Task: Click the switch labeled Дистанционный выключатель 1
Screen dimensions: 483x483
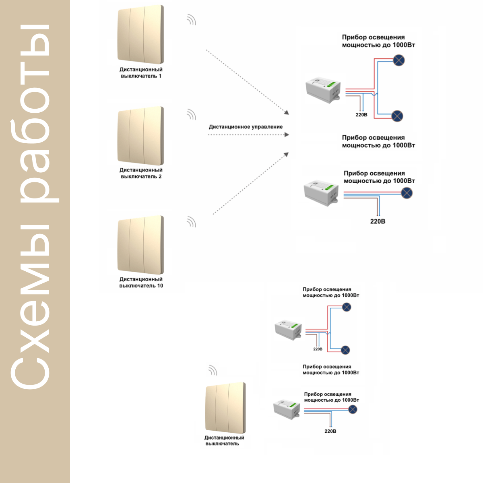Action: pyautogui.click(x=140, y=34)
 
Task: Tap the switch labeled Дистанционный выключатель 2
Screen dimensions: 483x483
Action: pyautogui.click(x=140, y=136)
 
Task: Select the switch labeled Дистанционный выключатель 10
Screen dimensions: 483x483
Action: pyautogui.click(x=140, y=245)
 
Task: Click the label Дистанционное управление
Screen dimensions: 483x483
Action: pyautogui.click(x=246, y=127)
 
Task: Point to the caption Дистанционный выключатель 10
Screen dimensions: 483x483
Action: pyautogui.click(x=141, y=282)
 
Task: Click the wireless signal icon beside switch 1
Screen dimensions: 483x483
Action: pyautogui.click(x=192, y=20)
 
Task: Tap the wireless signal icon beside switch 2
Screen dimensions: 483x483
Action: pyautogui.click(x=192, y=114)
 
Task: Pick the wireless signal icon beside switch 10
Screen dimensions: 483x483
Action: pyautogui.click(x=192, y=222)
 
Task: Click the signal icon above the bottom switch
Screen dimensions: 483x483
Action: pyautogui.click(x=213, y=370)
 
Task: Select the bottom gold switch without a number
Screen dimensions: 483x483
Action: pyautogui.click(x=225, y=408)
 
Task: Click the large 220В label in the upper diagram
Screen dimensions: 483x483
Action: pyautogui.click(x=378, y=221)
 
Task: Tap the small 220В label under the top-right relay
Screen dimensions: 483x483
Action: pyautogui.click(x=361, y=115)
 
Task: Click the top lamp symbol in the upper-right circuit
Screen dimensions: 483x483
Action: pyautogui.click(x=398, y=60)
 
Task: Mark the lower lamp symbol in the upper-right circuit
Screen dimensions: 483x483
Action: pyautogui.click(x=397, y=116)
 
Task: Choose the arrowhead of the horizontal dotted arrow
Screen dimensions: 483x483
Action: pyautogui.click(x=287, y=135)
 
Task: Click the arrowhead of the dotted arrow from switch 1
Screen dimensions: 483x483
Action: pyautogui.click(x=286, y=112)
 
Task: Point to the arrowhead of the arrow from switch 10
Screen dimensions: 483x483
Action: pyautogui.click(x=286, y=155)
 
